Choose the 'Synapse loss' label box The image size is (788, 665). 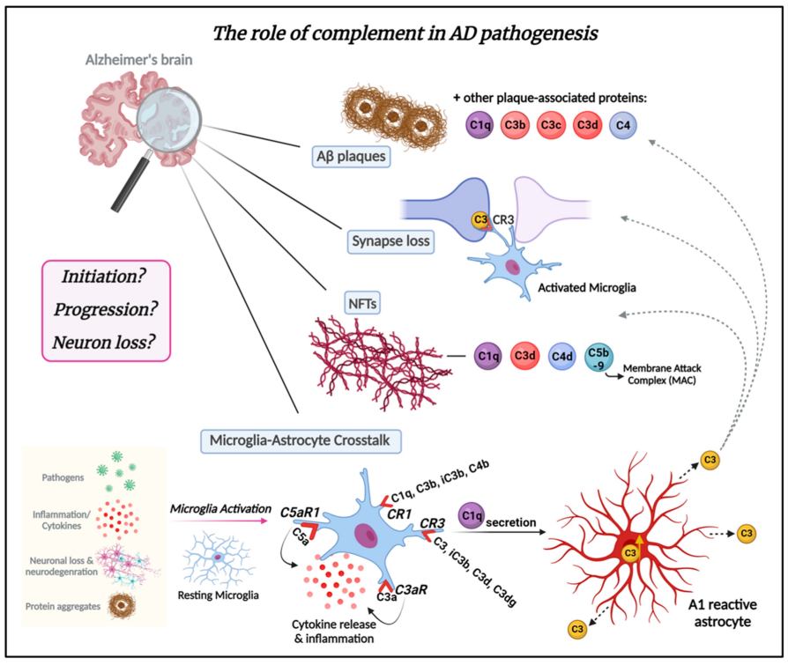point(389,240)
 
